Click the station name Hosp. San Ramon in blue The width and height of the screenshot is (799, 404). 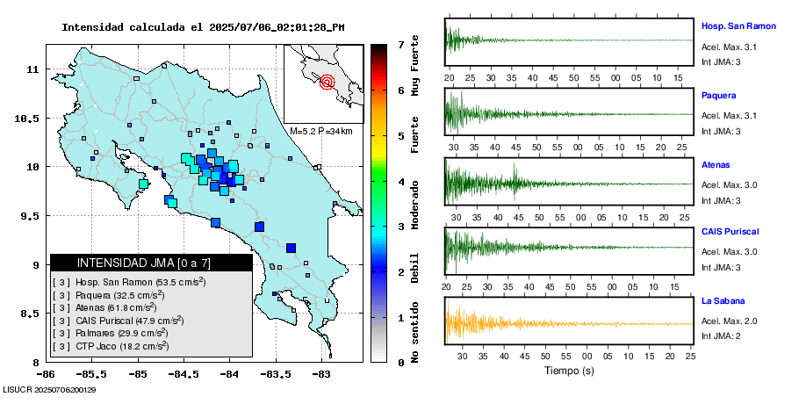(738, 26)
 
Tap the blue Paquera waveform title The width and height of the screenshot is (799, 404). (718, 95)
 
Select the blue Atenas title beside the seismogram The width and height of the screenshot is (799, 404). (716, 164)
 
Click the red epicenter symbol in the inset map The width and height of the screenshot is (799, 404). (328, 83)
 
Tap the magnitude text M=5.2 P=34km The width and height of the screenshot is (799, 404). (320, 131)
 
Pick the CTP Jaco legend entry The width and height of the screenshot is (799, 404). (122, 347)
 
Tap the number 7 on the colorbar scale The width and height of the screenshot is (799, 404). (400, 44)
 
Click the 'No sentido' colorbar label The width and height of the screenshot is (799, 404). (414, 333)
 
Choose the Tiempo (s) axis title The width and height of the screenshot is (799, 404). (569, 371)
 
